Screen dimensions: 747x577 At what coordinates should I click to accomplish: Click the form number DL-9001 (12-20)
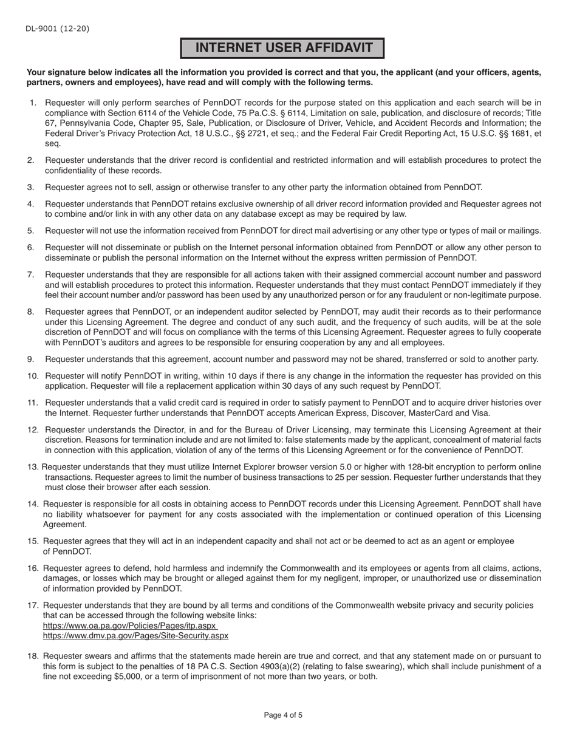coord(58,29)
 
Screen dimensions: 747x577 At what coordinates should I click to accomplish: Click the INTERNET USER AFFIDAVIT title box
coord(282,49)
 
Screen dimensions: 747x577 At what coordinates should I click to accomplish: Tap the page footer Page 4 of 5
coord(283,715)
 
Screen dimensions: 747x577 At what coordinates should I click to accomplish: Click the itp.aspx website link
coord(129,626)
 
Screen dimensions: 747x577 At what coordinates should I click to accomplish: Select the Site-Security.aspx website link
coord(135,636)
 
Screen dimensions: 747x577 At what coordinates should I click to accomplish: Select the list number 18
coord(33,656)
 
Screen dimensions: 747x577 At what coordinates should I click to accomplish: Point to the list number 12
coord(33,429)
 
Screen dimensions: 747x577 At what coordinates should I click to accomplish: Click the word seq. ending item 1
coord(52,144)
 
